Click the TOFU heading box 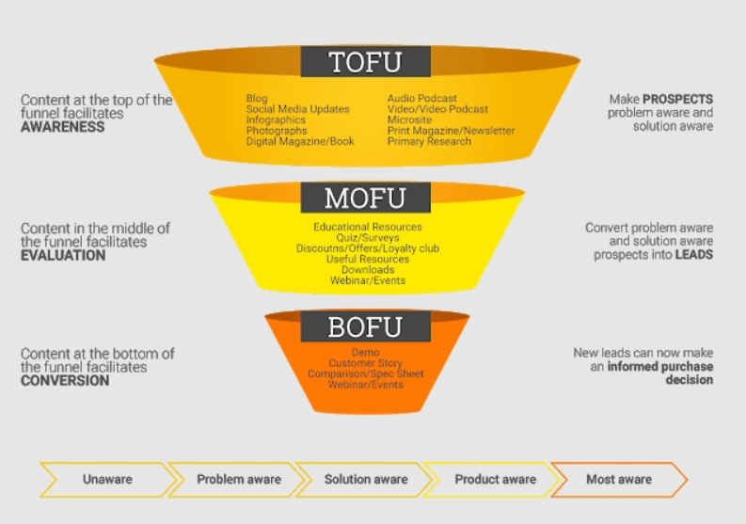(365, 62)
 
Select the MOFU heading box (365, 198)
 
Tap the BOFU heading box (365, 326)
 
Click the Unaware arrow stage (106, 479)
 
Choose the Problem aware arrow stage (238, 479)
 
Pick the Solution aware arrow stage (366, 479)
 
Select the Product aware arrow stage (495, 479)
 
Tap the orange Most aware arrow (618, 479)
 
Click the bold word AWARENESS (62, 127)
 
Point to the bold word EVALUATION (63, 255)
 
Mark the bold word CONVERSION (65, 381)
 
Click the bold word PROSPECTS (677, 99)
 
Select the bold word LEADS (693, 255)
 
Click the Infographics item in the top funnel (276, 120)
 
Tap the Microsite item (409, 120)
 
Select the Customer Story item (366, 363)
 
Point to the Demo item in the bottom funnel (366, 352)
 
